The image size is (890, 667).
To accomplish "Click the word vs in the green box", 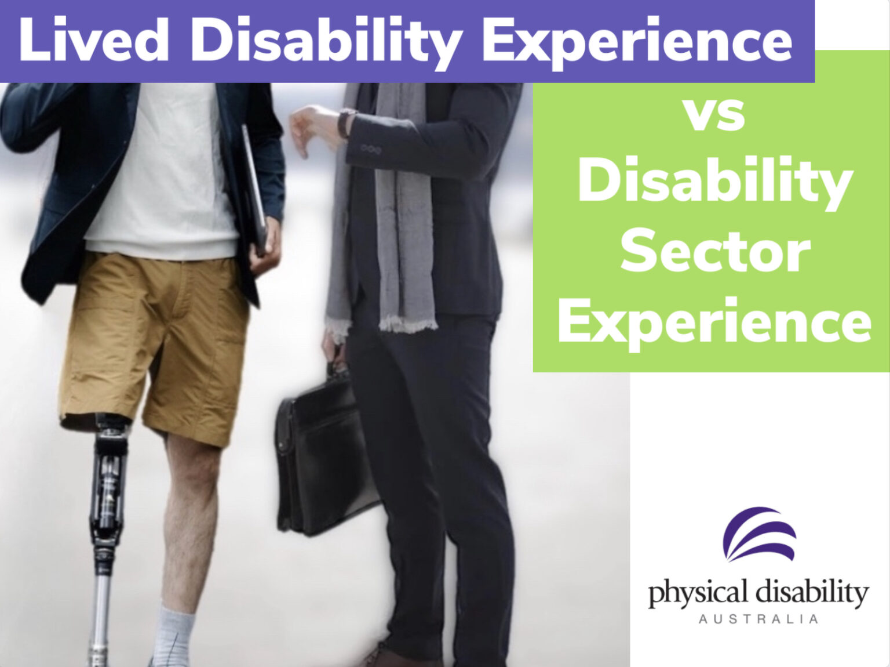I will (715, 115).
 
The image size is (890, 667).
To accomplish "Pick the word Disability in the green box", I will (715, 183).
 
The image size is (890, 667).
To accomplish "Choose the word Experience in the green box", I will (715, 322).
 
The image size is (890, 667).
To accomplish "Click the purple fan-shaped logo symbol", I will (759, 534).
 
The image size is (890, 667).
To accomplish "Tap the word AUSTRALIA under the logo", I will (758, 619).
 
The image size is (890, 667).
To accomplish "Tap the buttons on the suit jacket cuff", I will (371, 150).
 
